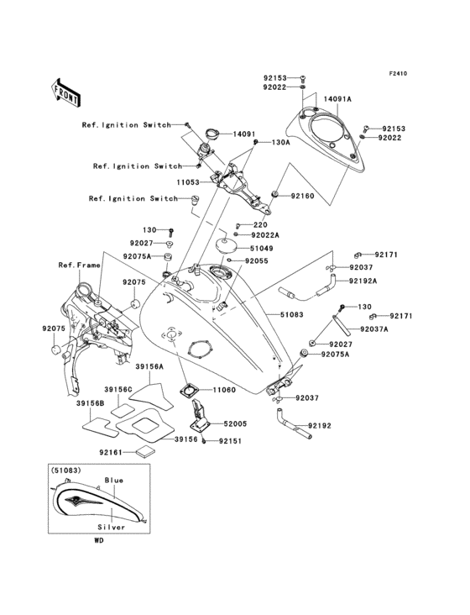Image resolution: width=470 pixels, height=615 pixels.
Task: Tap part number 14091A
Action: click(x=338, y=98)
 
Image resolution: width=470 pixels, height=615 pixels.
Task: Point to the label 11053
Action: click(x=188, y=181)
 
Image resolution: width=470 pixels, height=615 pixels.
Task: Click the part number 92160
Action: click(x=304, y=196)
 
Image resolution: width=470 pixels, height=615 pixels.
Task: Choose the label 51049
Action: click(x=260, y=249)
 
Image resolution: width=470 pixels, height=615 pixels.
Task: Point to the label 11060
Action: click(x=224, y=391)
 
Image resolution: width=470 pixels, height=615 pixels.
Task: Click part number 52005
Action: click(x=235, y=426)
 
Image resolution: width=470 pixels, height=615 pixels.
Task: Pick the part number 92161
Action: click(x=112, y=452)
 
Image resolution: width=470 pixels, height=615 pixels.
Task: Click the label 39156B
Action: click(x=91, y=403)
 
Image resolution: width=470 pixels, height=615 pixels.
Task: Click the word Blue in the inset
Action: click(x=113, y=480)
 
